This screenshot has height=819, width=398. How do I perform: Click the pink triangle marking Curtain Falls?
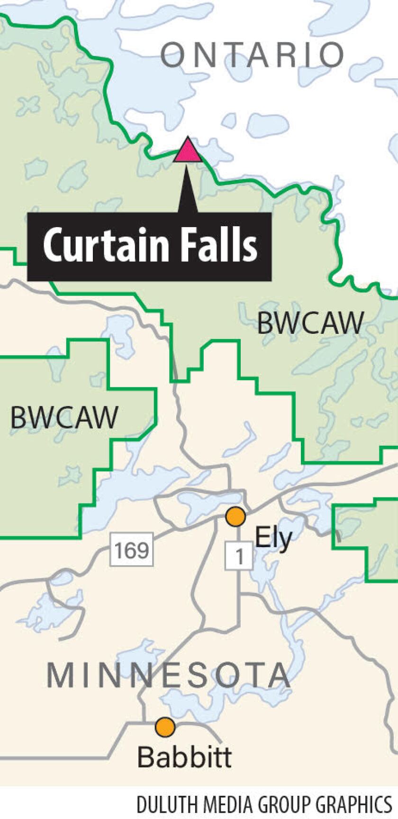point(188,151)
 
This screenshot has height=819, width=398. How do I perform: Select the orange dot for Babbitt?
point(165,726)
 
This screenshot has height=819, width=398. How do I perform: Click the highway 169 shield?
point(132,550)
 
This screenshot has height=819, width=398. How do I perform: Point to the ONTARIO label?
point(252,55)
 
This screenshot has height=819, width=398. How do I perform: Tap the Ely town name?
point(273,539)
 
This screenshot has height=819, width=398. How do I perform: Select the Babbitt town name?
point(184,757)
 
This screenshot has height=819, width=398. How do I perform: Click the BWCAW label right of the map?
point(310,323)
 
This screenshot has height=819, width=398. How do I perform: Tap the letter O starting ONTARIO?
point(172,55)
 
